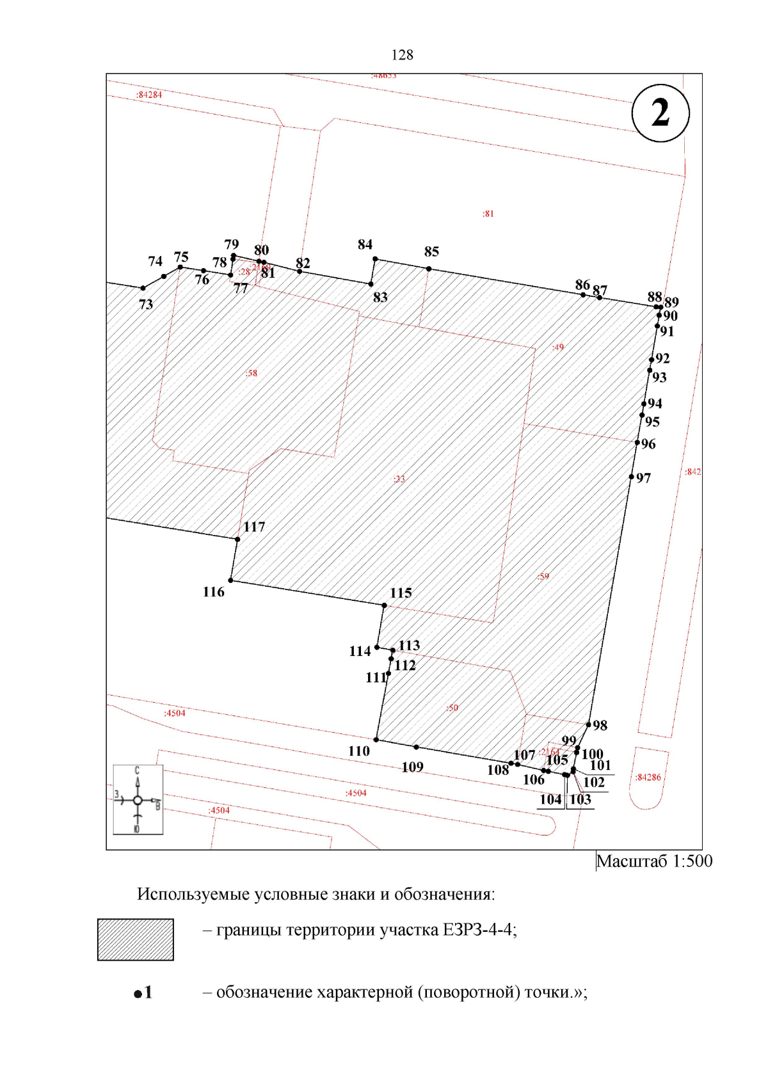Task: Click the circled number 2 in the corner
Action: coord(660,113)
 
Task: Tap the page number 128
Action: coord(402,55)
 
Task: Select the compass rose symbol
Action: coord(138,799)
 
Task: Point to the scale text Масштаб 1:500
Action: coord(654,861)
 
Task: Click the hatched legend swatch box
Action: coord(136,939)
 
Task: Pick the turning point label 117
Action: coord(254,527)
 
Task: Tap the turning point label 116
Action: coord(214,592)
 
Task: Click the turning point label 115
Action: coord(401,593)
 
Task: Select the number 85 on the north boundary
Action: coord(431,252)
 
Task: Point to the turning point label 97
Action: coord(643,478)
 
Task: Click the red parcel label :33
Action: coord(399,479)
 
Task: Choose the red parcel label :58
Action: coord(252,373)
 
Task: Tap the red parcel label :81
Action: coord(488,214)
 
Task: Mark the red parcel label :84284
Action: coord(149,95)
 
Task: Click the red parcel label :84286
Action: coord(648,778)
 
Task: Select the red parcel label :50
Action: coord(452,708)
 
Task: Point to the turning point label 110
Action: coord(359,751)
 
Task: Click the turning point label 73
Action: coord(146,305)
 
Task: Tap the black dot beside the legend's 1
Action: coord(138,994)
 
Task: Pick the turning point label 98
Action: coord(600,725)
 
